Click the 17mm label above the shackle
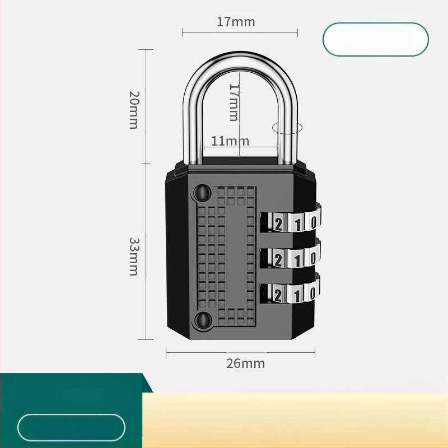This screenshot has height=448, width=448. pyautogui.click(x=236, y=22)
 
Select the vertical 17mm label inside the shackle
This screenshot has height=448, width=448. pyautogui.click(x=234, y=102)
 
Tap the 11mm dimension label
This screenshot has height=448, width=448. pyautogui.click(x=230, y=141)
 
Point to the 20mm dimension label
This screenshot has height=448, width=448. pyautogui.click(x=133, y=109)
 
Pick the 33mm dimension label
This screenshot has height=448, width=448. pyautogui.click(x=134, y=256)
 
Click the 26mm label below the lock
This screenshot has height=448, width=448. pyautogui.click(x=245, y=363)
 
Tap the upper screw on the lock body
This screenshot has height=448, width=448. pyautogui.click(x=201, y=193)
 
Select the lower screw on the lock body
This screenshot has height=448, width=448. pyautogui.click(x=201, y=320)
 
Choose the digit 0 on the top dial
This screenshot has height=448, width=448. pyautogui.click(x=314, y=222)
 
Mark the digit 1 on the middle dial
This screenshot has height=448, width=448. pyautogui.click(x=297, y=259)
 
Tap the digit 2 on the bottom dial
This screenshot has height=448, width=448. pyautogui.click(x=278, y=293)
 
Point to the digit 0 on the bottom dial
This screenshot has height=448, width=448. pyautogui.click(x=314, y=292)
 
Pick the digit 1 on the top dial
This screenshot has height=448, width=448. pyautogui.click(x=297, y=223)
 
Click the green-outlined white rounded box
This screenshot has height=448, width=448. pyautogui.click(x=376, y=39)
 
